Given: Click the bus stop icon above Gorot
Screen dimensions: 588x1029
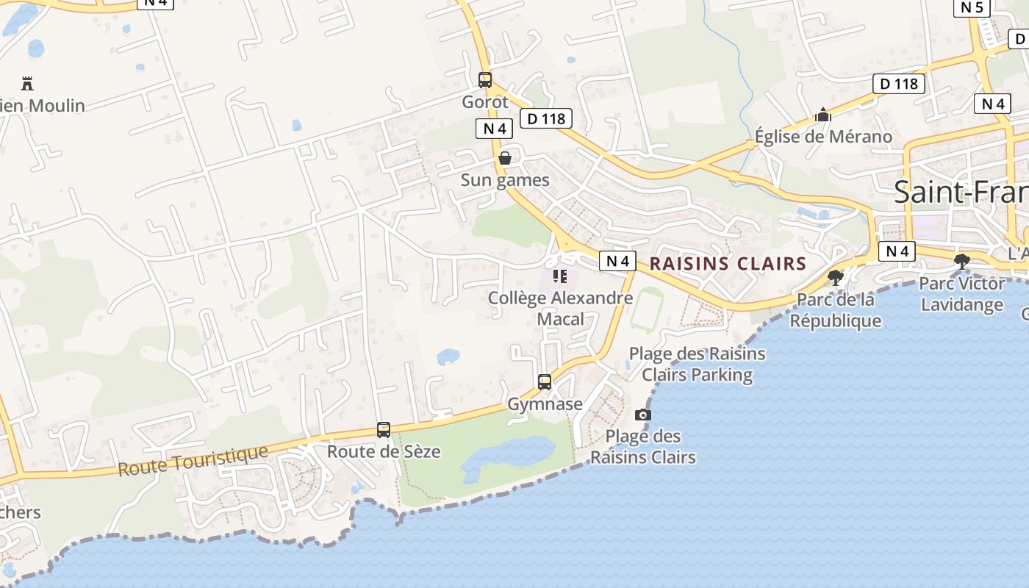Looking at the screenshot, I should (485, 80).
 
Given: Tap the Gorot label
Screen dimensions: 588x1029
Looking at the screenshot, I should (485, 102).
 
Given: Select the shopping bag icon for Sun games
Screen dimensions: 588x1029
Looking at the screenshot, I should (505, 158).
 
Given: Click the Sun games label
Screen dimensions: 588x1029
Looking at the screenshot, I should (505, 180).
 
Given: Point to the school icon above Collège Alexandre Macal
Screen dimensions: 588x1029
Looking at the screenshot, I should (560, 276).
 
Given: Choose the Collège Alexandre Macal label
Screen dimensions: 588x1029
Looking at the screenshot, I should (560, 308).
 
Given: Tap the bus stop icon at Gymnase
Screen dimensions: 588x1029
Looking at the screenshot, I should (545, 382).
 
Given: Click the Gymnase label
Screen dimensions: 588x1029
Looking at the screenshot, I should (545, 404).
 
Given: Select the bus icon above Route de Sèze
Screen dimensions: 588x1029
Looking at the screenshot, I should (384, 430).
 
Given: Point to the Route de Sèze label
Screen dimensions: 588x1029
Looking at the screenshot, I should (384, 451).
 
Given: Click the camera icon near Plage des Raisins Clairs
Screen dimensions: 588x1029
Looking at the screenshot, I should (643, 415).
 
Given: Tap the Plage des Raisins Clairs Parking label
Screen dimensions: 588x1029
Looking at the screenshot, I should (697, 364).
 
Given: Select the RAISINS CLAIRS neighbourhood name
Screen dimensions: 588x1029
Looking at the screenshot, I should (728, 264).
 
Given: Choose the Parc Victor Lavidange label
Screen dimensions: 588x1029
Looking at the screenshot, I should (961, 293).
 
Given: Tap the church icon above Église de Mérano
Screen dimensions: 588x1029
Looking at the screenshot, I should (823, 115).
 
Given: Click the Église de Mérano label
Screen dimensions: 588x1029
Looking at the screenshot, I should (823, 137).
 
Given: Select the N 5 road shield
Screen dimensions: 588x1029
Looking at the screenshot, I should (972, 7).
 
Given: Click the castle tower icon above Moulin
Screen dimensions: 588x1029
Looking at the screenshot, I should (27, 83).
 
